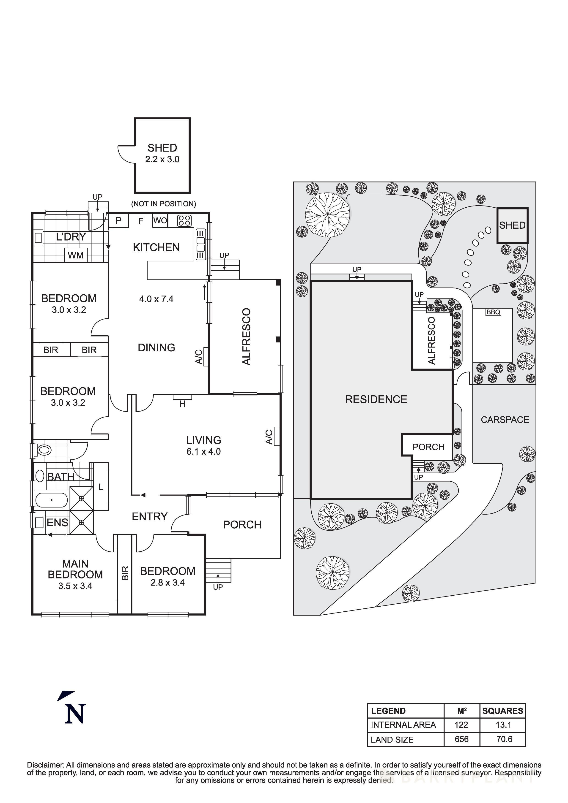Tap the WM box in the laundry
click(x=76, y=255)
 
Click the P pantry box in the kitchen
click(x=118, y=221)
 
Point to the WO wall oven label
click(x=160, y=221)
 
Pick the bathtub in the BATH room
click(x=52, y=500)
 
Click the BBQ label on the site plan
click(x=493, y=312)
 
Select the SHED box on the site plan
click(x=512, y=225)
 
